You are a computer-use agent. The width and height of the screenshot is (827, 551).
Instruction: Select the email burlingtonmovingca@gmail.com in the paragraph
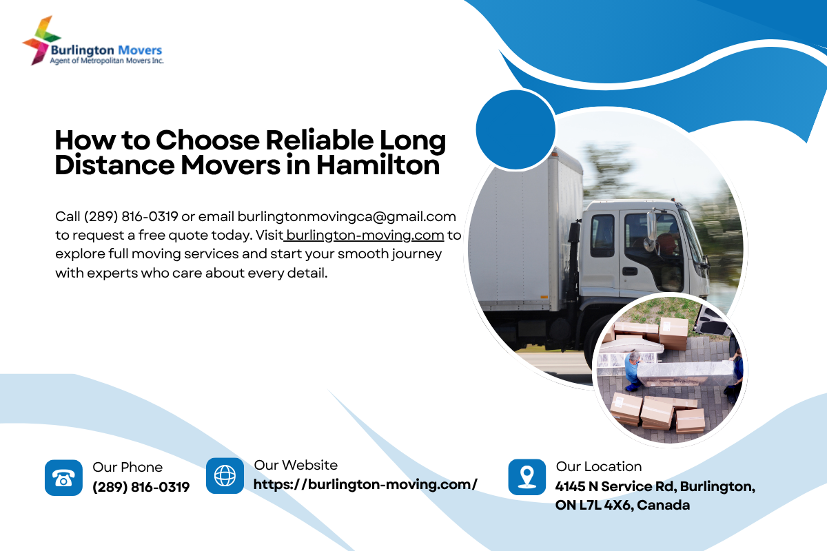point(347,216)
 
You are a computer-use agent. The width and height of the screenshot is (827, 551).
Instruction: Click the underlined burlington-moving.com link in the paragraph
point(365,235)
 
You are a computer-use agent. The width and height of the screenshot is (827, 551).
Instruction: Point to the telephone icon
point(63,477)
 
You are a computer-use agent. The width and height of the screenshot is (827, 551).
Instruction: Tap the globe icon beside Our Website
point(225,476)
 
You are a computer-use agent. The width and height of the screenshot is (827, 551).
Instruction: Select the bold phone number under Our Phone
point(141,488)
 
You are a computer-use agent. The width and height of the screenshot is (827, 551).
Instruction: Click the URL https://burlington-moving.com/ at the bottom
point(365,484)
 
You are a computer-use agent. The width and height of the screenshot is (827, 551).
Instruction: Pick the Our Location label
point(598,466)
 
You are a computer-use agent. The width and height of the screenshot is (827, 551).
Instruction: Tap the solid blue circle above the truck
point(515,129)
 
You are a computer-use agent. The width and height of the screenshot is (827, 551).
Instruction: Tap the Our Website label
point(296,465)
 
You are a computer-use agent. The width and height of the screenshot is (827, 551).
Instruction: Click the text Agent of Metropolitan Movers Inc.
point(107,61)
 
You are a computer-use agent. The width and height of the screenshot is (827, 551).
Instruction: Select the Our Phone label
point(127,468)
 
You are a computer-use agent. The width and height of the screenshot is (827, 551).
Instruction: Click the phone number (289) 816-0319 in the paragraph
point(131,216)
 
